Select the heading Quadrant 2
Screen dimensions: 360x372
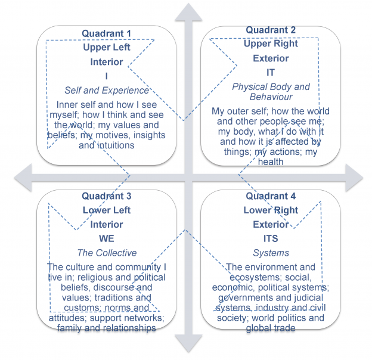[271, 30]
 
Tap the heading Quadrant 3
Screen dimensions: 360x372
[107, 196]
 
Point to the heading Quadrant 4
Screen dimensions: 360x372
[271, 196]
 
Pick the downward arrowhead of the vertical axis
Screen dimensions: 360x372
[186, 346]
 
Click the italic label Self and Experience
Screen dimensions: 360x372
[107, 91]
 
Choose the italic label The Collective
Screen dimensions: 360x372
[107, 253]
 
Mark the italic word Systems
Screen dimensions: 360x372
[271, 253]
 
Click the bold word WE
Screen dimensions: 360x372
[107, 238]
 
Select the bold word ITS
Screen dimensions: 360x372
[271, 238]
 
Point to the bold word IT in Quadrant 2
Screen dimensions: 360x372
[271, 73]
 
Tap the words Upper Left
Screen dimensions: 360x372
[107, 47]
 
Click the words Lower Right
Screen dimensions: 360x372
[271, 210]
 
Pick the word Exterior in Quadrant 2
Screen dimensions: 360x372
[271, 58]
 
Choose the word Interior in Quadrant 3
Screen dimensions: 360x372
[107, 224]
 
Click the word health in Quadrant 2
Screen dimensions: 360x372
[271, 162]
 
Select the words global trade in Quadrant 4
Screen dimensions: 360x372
[271, 328]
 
